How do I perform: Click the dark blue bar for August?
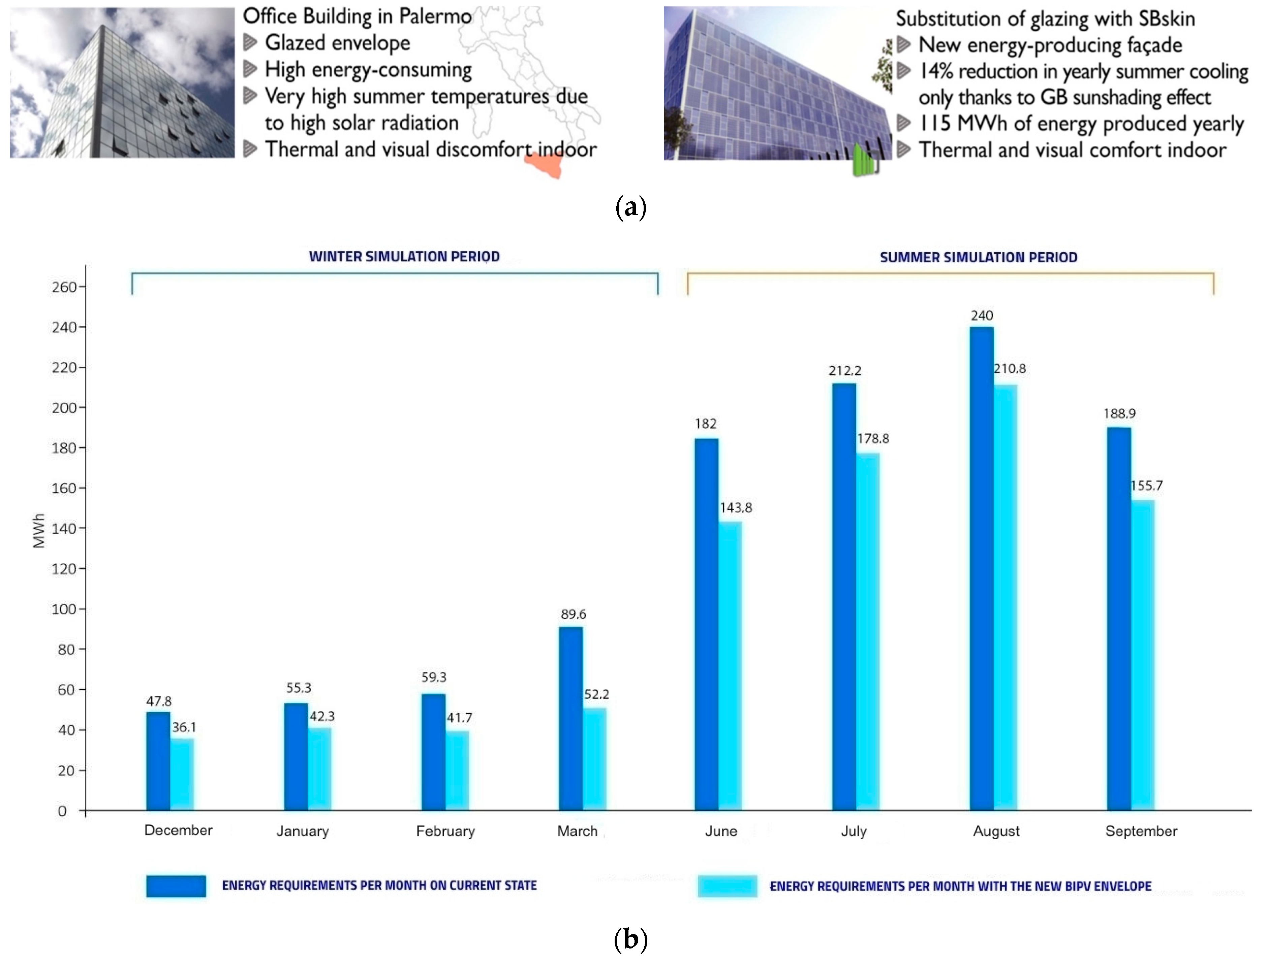(x=981, y=568)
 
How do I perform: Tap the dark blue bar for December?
(x=158, y=761)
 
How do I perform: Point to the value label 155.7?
(x=1146, y=486)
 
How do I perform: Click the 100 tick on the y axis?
(x=64, y=609)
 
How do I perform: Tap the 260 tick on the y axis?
(x=64, y=287)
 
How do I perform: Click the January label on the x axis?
(x=303, y=831)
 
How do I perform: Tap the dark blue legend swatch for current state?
(x=176, y=886)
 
